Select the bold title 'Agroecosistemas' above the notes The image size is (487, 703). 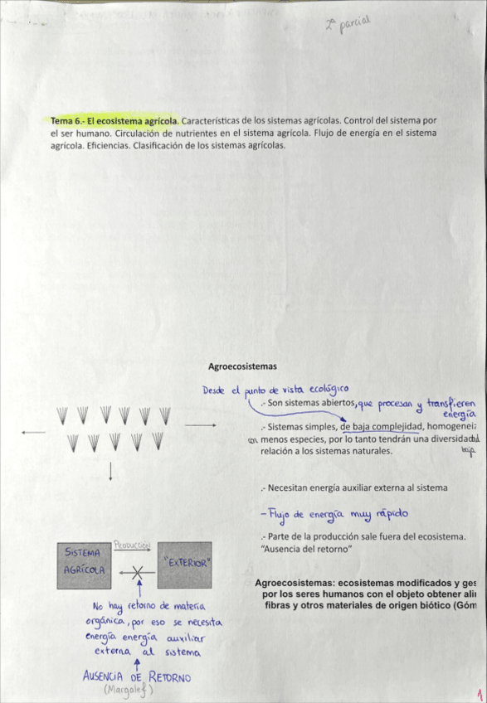[242, 366]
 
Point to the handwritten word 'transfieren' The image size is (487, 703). [451, 402]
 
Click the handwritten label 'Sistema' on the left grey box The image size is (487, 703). [82, 551]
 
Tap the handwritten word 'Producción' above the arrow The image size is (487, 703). [132, 545]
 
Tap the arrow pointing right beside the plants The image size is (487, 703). [200, 425]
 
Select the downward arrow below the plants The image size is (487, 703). [111, 473]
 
